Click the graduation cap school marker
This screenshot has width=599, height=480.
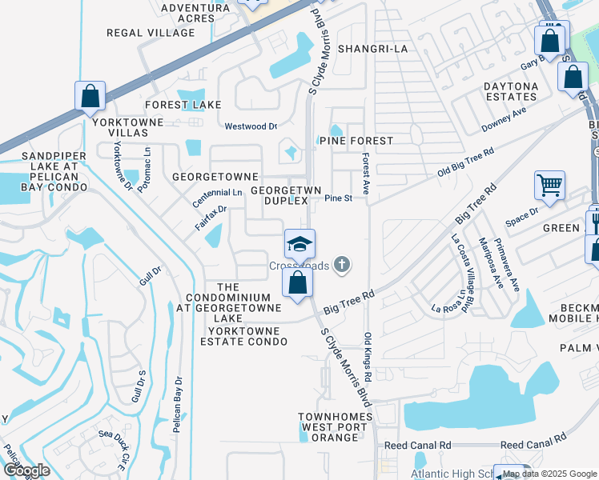[x=299, y=244]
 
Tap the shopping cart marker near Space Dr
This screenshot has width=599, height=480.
[x=550, y=186]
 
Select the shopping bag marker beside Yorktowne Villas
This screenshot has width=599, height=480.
[x=90, y=96]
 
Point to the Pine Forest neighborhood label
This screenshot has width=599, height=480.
[x=356, y=141]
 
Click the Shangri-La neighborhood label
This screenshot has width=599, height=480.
[x=373, y=49]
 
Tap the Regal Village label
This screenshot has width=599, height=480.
[x=151, y=33]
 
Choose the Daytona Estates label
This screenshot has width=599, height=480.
[x=510, y=91]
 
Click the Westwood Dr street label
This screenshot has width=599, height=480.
[x=251, y=126]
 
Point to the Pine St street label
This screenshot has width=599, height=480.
[x=338, y=198]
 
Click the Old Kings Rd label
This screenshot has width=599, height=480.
[x=368, y=356]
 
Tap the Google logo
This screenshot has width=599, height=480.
[x=26, y=470]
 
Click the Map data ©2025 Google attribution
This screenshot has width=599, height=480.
[x=549, y=474]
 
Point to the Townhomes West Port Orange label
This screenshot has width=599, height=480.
[x=336, y=427]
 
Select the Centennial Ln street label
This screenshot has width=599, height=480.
[x=216, y=193]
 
